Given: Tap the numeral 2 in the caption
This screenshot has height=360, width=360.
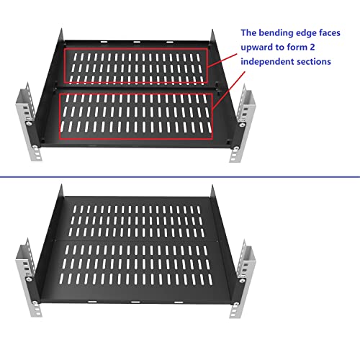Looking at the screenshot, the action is click(x=312, y=47).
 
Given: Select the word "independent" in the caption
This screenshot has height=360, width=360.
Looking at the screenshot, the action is click(x=267, y=61).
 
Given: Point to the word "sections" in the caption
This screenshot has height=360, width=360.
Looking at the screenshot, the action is click(x=314, y=62).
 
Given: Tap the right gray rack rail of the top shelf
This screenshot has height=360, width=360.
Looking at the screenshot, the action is click(x=243, y=123).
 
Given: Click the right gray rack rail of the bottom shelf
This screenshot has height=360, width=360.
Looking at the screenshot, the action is click(x=243, y=279).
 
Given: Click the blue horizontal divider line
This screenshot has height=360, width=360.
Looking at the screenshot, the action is click(x=180, y=177).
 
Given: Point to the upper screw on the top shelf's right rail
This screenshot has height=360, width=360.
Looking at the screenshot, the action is click(x=242, y=125).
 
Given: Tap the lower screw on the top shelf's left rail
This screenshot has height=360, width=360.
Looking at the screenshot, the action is click(x=35, y=147).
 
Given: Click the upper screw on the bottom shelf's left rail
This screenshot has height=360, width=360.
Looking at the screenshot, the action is click(x=30, y=279).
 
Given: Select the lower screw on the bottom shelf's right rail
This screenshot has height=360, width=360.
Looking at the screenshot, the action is click(x=236, y=305).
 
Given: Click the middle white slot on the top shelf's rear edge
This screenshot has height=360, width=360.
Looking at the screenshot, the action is click(x=137, y=42).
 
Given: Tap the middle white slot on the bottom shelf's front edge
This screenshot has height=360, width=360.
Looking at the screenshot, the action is click(x=135, y=302).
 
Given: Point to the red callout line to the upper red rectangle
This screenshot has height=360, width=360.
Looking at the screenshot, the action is click(x=222, y=60).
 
